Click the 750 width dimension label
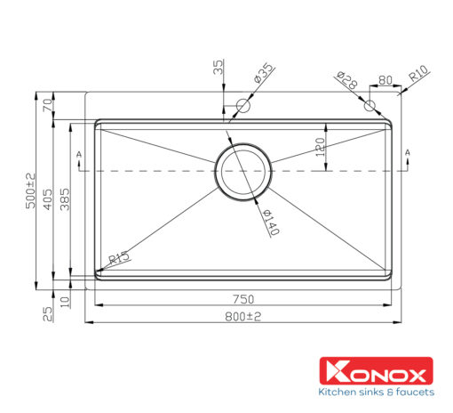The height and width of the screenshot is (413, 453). pyautogui.click(x=243, y=299)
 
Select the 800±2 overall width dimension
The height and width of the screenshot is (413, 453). pyautogui.click(x=243, y=317)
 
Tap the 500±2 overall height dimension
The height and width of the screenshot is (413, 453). pyautogui.click(x=30, y=190)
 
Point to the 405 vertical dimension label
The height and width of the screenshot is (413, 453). pyautogui.click(x=48, y=199)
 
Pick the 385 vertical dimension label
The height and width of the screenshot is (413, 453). pyautogui.click(x=65, y=199)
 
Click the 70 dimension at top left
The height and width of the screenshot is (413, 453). pyautogui.click(x=48, y=105)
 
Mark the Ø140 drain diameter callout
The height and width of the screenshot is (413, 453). pyautogui.click(x=271, y=222)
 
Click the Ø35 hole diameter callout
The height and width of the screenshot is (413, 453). pyautogui.click(x=263, y=73)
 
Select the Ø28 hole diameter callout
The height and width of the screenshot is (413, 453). pyautogui.click(x=346, y=79)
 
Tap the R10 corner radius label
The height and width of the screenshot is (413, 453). pyautogui.click(x=418, y=73)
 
